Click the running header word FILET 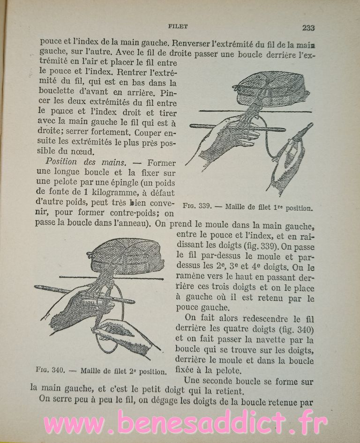[178, 27]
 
